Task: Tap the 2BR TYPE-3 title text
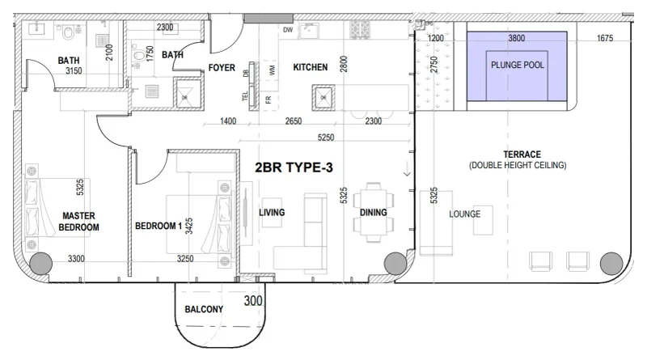pyautogui.click(x=294, y=169)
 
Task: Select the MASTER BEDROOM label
pyautogui.click(x=78, y=222)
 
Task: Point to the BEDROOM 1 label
pyautogui.click(x=159, y=226)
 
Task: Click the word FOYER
pyautogui.click(x=222, y=68)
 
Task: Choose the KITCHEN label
pyautogui.click(x=310, y=68)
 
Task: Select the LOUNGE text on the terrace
pyautogui.click(x=465, y=214)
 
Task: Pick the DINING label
pyautogui.click(x=373, y=214)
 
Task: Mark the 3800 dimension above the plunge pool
pyautogui.click(x=516, y=38)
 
